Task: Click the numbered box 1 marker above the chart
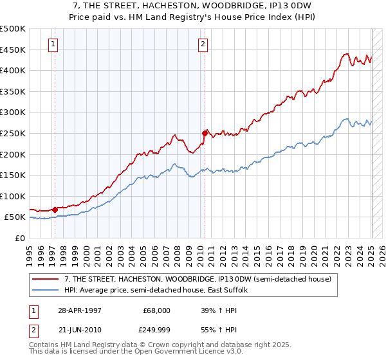coord(52,44)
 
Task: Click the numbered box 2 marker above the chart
coord(203,44)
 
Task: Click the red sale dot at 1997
coord(55,209)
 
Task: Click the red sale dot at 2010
coord(205,133)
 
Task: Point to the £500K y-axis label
coord(13,29)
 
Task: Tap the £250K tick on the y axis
coord(13,133)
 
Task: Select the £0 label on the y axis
coord(20,238)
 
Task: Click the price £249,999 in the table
coord(156,329)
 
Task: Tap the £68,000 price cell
coord(156,310)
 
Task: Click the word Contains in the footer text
coord(46,346)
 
